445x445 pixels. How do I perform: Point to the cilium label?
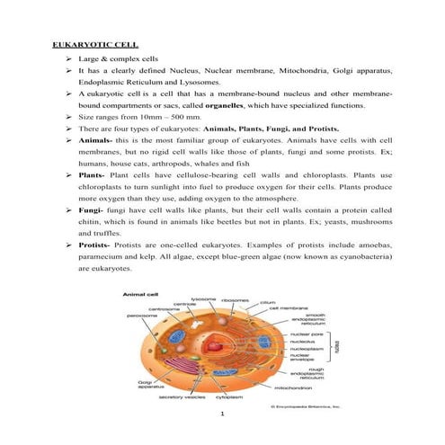[x=267, y=303]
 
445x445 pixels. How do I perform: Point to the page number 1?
[x=221, y=416]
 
